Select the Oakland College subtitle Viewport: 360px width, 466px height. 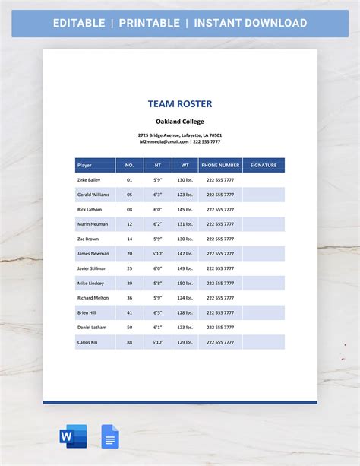pyautogui.click(x=179, y=121)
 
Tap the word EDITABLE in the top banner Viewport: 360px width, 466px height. pyautogui.click(x=79, y=23)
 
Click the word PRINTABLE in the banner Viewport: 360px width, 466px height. pyautogui.click(x=149, y=23)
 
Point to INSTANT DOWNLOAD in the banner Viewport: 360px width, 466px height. pyautogui.click(x=250, y=23)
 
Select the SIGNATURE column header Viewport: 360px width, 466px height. pyautogui.click(x=264, y=164)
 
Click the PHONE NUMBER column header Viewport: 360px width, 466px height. pyautogui.click(x=220, y=164)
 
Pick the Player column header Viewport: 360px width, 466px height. pyautogui.click(x=85, y=164)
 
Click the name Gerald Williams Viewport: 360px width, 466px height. pyautogui.click(x=93, y=195)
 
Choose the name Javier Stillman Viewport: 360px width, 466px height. pyautogui.click(x=92, y=268)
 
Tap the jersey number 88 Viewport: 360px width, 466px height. pyautogui.click(x=129, y=342)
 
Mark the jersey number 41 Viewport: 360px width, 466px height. pyautogui.click(x=129, y=312)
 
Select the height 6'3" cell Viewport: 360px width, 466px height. pyautogui.click(x=158, y=195)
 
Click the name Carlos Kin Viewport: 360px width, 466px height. pyautogui.click(x=87, y=342)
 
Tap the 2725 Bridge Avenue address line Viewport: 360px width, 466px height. pyautogui.click(x=179, y=135)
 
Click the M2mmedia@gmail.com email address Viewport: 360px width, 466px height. pyautogui.click(x=164, y=141)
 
